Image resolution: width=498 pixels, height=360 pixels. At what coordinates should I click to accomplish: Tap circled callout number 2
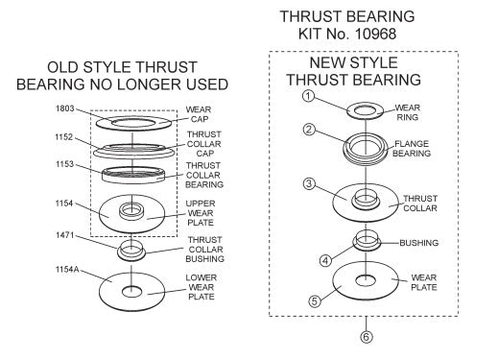[x=309, y=130]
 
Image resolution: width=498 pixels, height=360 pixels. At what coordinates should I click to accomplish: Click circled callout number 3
[x=309, y=183]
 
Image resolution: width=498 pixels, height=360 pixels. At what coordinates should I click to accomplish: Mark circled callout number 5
[x=314, y=300]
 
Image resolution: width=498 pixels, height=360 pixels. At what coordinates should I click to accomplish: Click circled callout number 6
[x=366, y=337]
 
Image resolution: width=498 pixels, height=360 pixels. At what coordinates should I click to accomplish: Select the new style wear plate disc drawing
[x=366, y=281]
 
